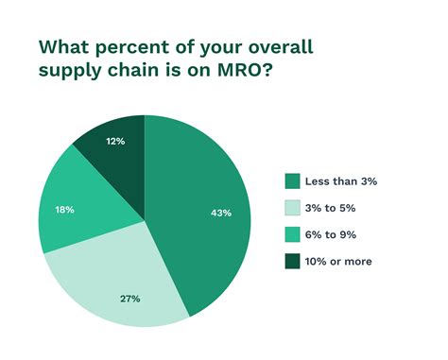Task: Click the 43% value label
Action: (x=221, y=213)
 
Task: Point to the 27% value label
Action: (x=129, y=299)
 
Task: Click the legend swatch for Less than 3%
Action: (x=292, y=181)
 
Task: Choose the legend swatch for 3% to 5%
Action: (x=292, y=208)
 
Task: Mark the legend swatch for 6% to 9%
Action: (x=292, y=234)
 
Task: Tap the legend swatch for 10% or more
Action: (x=292, y=261)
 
